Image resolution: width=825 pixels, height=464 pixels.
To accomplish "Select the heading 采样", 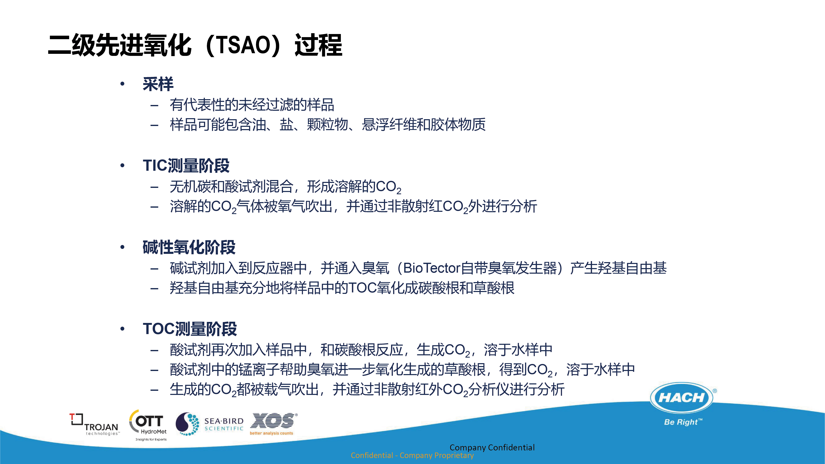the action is [158, 84].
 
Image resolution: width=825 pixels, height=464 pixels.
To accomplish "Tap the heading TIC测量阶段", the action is [186, 166].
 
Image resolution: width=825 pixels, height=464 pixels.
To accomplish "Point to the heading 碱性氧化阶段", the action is [189, 247].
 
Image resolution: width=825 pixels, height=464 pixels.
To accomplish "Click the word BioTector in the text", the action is [432, 268].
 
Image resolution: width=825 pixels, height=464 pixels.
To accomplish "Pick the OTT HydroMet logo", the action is [148, 425].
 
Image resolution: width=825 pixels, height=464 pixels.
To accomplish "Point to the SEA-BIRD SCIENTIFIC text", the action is [224, 424].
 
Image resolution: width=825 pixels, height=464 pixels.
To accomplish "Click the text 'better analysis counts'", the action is [271, 433].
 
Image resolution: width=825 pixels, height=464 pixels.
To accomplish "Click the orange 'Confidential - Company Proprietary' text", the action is [412, 455].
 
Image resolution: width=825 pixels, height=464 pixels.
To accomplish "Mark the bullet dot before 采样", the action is [122, 84].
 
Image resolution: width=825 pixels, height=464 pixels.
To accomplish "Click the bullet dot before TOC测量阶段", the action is [122, 329].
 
